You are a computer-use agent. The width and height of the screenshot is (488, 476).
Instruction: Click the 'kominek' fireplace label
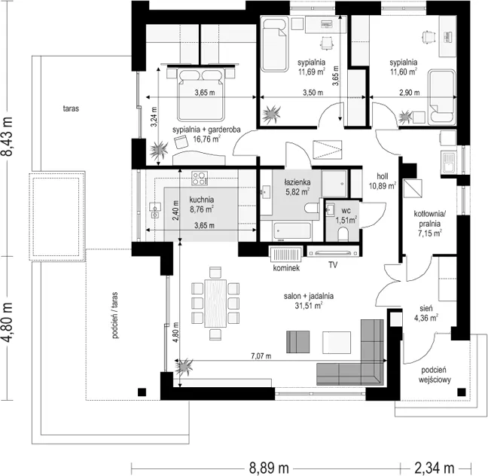[286, 267]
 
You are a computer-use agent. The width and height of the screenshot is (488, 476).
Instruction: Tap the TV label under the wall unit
[333, 265]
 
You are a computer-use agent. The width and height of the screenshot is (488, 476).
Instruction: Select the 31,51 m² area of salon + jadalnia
[309, 305]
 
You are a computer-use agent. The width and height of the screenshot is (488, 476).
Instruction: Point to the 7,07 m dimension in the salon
[261, 355]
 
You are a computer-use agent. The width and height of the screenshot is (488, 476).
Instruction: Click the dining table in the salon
[215, 304]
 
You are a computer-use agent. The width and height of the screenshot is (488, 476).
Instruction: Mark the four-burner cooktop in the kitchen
[200, 178]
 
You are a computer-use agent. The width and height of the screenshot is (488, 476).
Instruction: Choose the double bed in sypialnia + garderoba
[201, 94]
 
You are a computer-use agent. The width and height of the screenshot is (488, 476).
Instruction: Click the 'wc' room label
[346, 211]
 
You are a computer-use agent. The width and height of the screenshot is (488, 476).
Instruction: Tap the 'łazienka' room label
[297, 182]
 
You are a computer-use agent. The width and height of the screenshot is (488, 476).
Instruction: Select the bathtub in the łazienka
[291, 231]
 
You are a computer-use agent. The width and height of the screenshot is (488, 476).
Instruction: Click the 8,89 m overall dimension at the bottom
[269, 468]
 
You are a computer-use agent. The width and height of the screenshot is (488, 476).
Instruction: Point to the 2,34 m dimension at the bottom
[435, 468]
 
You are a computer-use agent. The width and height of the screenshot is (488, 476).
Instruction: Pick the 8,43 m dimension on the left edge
[7, 136]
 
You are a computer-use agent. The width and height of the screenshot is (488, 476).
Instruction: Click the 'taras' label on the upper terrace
[71, 108]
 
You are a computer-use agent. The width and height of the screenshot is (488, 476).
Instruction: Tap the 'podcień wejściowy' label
[435, 375]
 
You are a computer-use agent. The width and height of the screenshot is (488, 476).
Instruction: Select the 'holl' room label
[382, 176]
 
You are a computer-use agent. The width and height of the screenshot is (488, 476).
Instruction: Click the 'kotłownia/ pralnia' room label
[430, 218]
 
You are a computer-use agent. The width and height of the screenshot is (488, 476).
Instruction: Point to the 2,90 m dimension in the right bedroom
[409, 93]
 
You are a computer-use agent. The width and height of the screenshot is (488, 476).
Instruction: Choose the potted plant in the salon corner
[184, 367]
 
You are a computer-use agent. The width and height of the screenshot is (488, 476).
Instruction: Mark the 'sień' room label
[425, 309]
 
